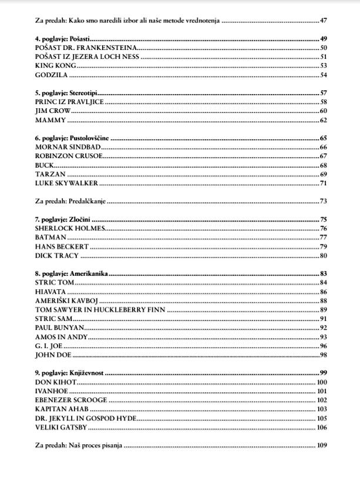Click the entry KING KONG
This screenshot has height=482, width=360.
(56, 66)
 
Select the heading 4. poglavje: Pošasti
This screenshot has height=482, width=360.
(58, 39)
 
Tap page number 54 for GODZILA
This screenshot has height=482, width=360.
(323, 75)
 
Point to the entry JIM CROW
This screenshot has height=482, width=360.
(53, 111)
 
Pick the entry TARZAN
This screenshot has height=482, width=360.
(50, 175)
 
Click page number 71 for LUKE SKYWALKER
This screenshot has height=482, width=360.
(323, 183)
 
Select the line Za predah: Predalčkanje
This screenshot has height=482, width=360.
(70, 201)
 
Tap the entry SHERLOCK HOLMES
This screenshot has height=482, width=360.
(70, 228)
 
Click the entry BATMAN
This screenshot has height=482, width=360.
(51, 237)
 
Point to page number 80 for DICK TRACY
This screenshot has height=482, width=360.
(323, 256)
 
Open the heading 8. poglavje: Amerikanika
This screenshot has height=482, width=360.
(71, 274)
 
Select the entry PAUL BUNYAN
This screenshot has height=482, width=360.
(60, 327)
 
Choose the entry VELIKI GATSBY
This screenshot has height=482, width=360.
(61, 427)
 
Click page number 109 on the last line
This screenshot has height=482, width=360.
(321, 446)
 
